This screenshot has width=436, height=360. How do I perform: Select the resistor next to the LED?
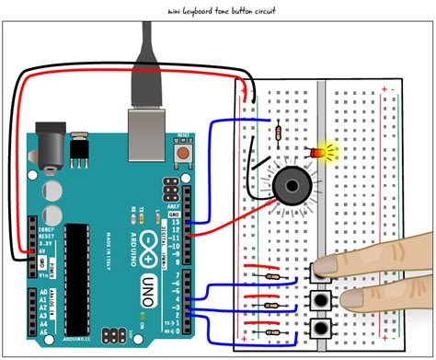tap(279, 135)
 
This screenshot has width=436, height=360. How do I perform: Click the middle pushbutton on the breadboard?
tap(321, 299)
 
